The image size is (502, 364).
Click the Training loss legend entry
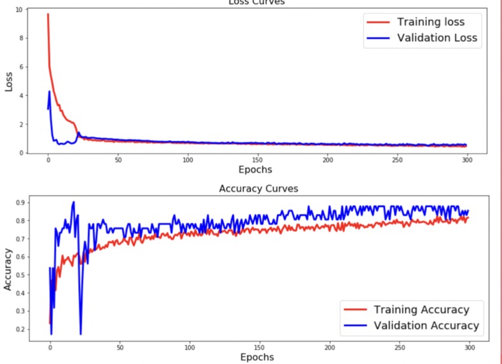[431, 22]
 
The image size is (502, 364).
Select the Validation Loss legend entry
[437, 38]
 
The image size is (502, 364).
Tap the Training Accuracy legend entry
[421, 309]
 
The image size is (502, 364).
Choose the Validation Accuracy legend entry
[426, 325]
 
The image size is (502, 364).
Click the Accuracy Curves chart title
[258, 189]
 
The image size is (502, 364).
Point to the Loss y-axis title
[9, 81]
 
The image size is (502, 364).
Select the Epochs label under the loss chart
[255, 170]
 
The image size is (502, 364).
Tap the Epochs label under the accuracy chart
[257, 357]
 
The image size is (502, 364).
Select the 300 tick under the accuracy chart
[470, 347]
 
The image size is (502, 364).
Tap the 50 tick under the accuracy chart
[120, 347]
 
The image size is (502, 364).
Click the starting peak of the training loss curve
[48, 14]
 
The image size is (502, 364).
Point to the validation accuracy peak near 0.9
[74, 203]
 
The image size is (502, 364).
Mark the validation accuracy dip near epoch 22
[81, 333]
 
